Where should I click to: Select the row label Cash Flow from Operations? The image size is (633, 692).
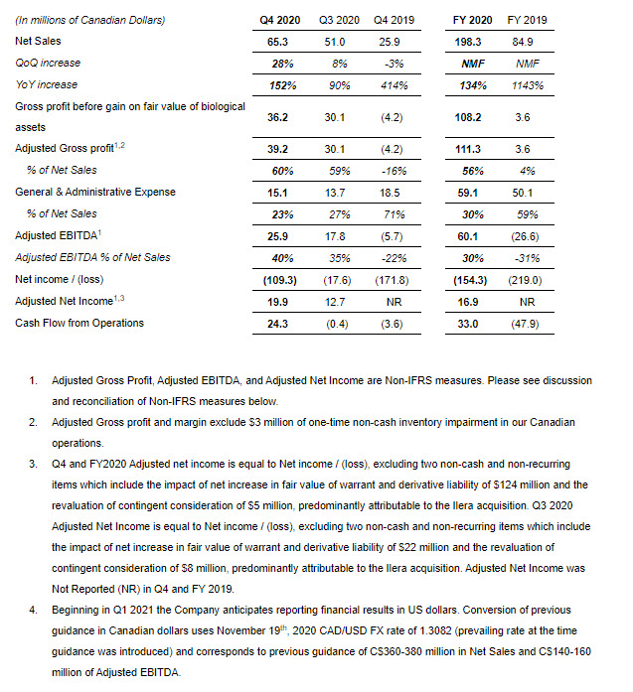pos(79,323)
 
